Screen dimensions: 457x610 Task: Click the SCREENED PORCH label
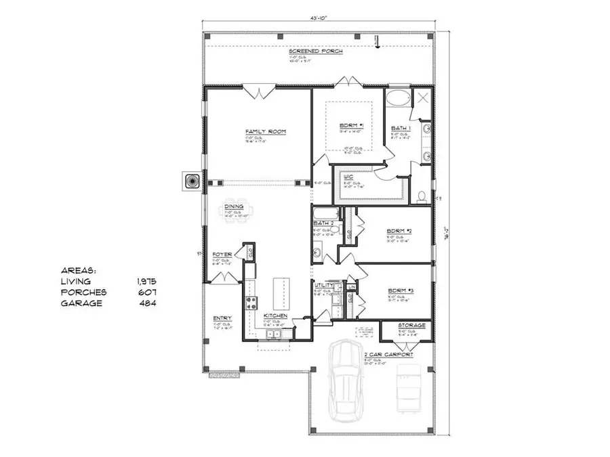[316, 51]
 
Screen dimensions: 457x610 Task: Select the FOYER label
[222, 254]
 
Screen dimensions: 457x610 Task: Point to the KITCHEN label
[275, 316]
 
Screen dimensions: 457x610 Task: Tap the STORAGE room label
[411, 326]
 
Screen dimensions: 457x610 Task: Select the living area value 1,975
[146, 280]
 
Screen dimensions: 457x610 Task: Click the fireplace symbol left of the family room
[190, 181]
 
